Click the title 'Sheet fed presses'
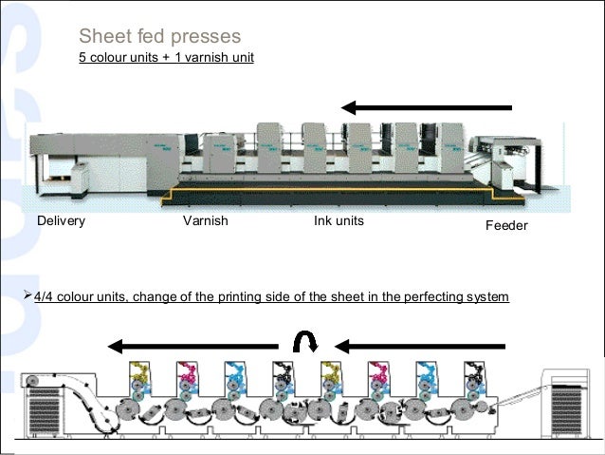point(159,37)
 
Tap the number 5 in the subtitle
point(82,63)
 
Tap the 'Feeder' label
point(505,228)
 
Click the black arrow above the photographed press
point(426,106)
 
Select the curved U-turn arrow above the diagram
point(306,343)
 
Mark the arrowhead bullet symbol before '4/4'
point(26,297)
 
